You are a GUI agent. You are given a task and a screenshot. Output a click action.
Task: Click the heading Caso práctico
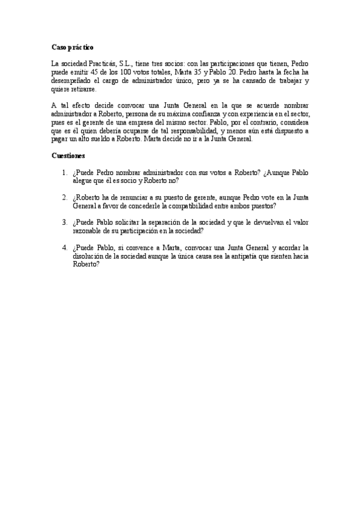(72, 47)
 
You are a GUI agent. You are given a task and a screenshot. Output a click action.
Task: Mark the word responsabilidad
(195, 131)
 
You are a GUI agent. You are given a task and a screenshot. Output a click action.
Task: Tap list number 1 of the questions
(65, 173)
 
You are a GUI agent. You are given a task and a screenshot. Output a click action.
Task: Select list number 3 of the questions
(65, 221)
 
